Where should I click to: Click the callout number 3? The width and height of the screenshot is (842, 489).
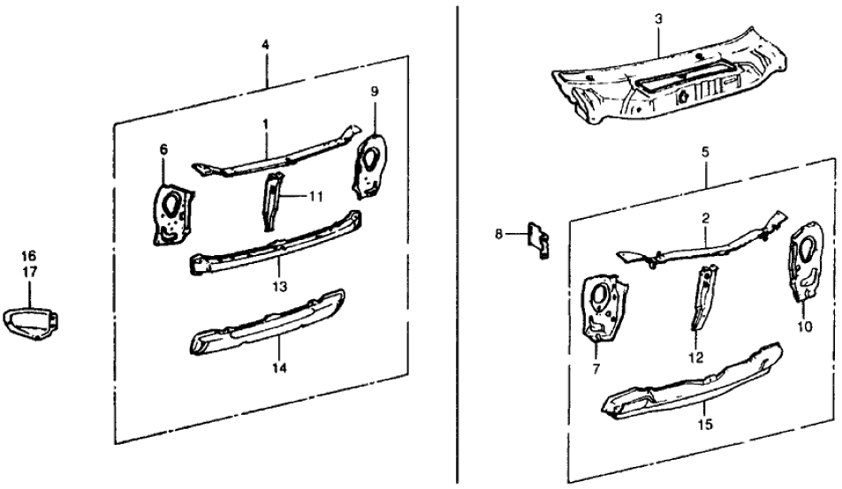658,19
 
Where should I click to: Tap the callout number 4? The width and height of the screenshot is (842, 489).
265,45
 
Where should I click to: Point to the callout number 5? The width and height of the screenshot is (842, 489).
705,152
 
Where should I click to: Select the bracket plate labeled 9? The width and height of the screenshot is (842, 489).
370,165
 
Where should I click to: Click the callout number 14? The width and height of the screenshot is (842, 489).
279,368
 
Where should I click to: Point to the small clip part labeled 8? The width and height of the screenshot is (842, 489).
537,240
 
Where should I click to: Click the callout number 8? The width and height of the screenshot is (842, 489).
499,234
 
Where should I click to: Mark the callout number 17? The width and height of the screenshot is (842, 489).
29,272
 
